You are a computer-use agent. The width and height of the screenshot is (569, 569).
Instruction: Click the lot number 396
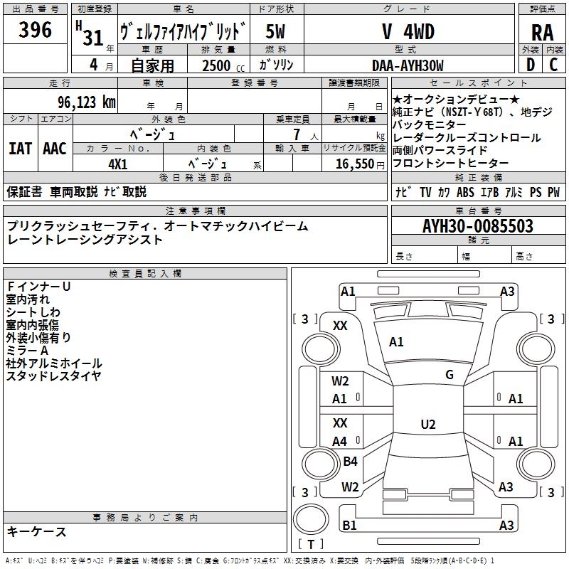point(36,30)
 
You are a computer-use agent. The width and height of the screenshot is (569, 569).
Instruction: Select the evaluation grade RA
point(542,32)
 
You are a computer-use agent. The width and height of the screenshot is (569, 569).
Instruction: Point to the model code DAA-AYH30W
point(408,65)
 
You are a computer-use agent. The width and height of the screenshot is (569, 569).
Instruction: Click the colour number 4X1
point(118,163)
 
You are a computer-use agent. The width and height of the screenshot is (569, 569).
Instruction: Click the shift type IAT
point(20,148)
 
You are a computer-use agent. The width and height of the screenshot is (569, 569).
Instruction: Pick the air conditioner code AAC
point(55,148)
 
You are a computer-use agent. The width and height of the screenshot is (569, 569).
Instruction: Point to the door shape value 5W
point(276,31)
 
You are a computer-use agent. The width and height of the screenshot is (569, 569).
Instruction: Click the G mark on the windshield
point(450,375)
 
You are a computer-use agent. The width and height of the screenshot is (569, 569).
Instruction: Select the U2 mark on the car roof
point(428,425)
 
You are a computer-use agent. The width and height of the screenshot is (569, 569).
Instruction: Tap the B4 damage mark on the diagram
point(350,462)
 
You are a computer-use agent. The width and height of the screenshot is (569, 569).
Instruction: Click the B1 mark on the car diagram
point(349,526)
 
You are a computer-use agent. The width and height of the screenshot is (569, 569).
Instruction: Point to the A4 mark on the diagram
point(340,442)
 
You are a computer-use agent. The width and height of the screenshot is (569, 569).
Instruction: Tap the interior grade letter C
point(553,65)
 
